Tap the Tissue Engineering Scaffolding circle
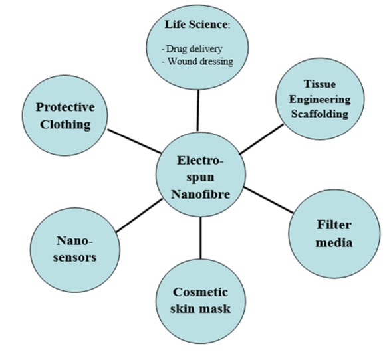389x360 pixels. click(322, 100)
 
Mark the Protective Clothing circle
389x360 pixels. click(65, 115)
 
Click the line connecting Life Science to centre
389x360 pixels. click(198, 110)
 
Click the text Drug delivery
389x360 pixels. click(193, 49)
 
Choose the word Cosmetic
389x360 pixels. click(200, 292)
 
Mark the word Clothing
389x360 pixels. click(65, 124)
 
